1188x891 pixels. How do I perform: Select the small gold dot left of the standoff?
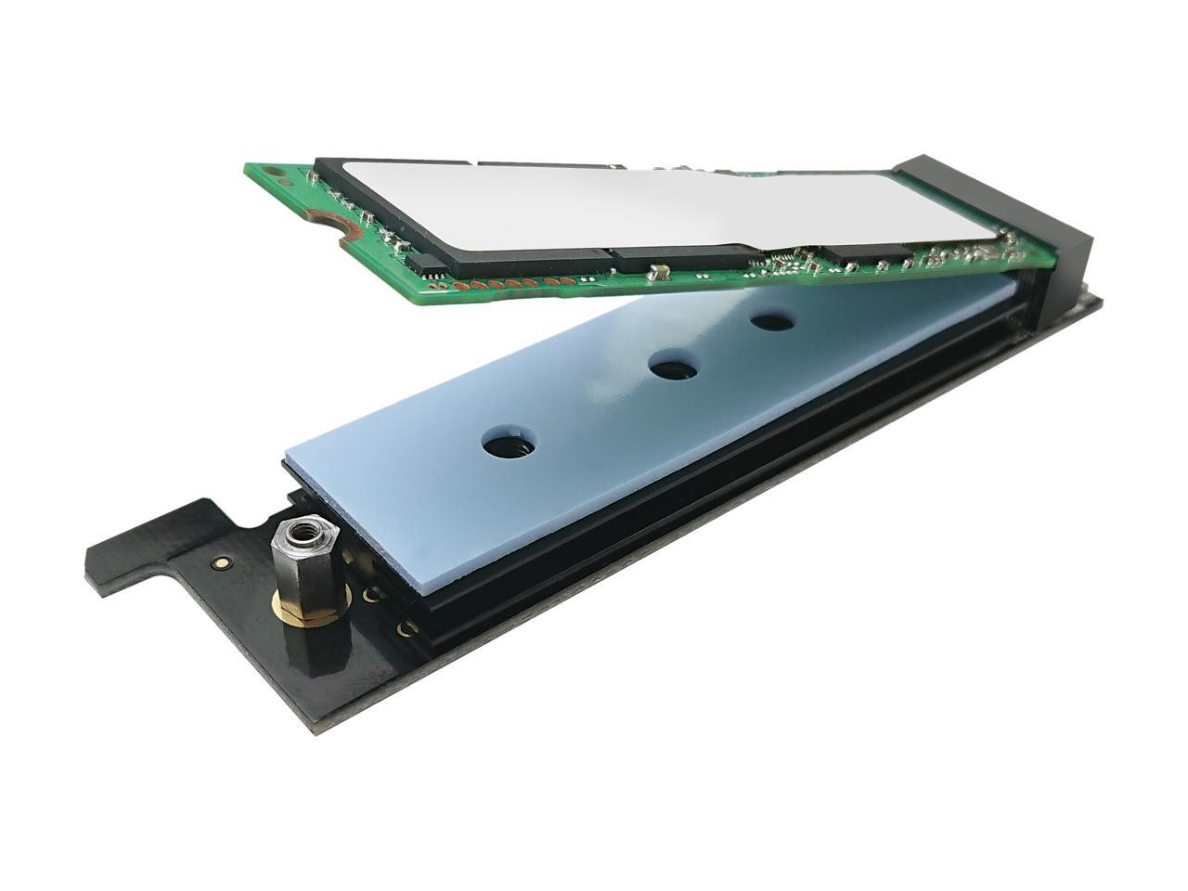222,562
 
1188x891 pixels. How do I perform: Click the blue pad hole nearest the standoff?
509,445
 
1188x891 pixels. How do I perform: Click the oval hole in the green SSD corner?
268,173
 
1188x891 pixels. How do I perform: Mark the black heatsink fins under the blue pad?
650,520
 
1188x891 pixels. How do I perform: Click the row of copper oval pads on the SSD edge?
520,282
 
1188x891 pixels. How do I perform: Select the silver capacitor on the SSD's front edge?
662,273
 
